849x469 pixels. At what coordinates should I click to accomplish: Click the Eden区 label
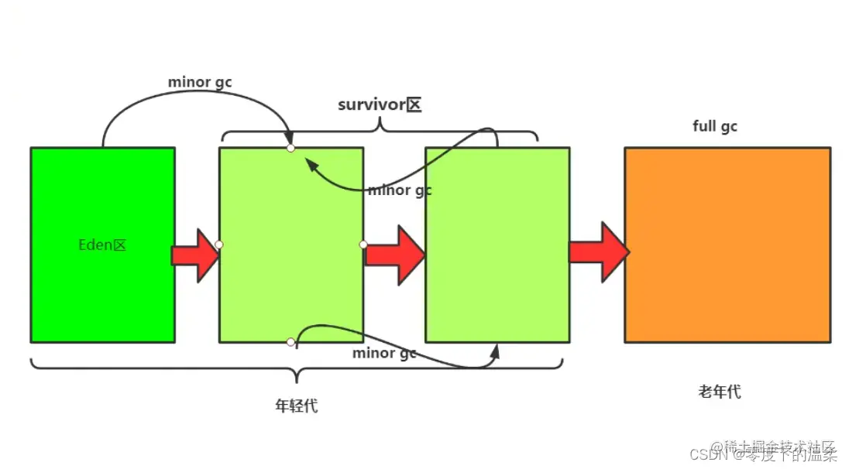click(102, 245)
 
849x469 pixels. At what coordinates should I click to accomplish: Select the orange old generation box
click(727, 245)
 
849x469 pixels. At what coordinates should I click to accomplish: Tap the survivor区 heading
click(380, 104)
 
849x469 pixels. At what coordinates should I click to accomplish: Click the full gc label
click(715, 126)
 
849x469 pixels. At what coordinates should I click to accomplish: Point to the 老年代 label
click(720, 392)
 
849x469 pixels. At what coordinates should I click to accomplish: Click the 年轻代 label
click(297, 406)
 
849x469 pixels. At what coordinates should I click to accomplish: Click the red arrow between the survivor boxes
click(394, 255)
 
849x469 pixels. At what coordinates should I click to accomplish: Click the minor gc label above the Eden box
click(200, 81)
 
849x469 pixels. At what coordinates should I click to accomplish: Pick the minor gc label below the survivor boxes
click(384, 353)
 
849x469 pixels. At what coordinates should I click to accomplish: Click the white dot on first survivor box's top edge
click(290, 148)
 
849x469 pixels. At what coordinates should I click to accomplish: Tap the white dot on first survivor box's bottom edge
click(290, 342)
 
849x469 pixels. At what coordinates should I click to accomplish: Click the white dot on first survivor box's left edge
click(219, 245)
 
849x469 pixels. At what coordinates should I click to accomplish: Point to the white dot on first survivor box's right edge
click(363, 245)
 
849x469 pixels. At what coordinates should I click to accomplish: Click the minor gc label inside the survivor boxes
click(400, 190)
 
